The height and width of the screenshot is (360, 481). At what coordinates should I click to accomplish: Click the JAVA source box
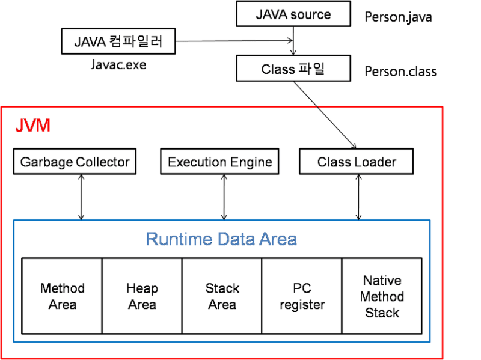pos(293,14)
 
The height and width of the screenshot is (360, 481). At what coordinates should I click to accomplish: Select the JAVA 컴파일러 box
pos(120,42)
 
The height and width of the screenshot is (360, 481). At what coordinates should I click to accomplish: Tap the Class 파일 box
pos(293,69)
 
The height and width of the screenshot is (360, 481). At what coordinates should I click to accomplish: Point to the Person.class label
pos(400,72)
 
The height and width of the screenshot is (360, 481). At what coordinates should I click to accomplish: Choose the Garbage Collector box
pos(75,162)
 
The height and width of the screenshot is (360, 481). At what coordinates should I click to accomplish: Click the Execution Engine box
pos(219,162)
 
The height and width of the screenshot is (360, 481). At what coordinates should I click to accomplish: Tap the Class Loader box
pos(357,162)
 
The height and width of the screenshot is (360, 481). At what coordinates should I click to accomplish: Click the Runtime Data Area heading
pos(221,239)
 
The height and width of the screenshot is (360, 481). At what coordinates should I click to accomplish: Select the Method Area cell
pos(62,296)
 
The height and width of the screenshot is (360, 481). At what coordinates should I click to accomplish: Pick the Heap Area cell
pos(142,296)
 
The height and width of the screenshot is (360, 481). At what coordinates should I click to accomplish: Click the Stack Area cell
pos(222,296)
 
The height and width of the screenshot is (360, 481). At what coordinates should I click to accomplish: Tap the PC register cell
pos(302,296)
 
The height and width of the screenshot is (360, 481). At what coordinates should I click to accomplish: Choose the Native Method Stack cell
pos(382,296)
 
